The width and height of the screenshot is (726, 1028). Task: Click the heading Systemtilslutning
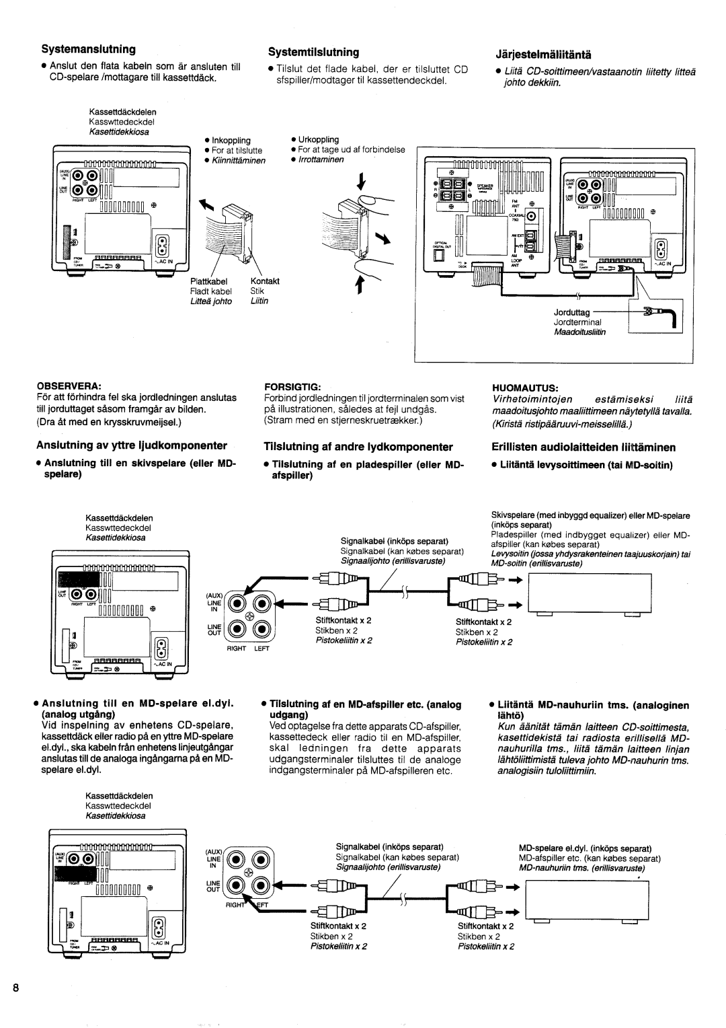[x=314, y=52]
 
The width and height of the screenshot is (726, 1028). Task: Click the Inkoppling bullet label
[x=232, y=141]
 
